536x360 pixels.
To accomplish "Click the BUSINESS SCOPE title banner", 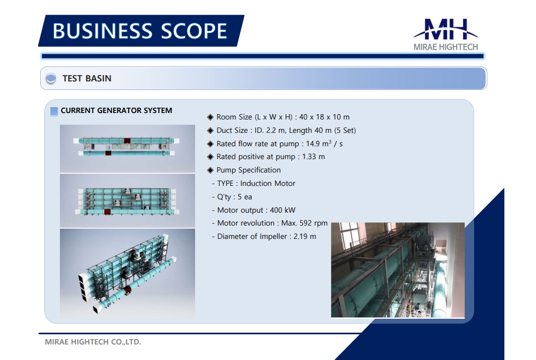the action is pos(141,31).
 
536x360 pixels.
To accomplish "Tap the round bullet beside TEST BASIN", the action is pos(51,78).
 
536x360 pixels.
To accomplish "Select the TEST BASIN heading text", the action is pos(87,79).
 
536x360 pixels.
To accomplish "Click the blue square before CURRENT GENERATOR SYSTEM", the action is pos(54,111).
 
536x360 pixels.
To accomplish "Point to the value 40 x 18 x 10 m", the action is pos(324,117).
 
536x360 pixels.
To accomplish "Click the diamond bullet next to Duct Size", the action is pos(210,131).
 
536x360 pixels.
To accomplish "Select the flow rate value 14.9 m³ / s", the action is pos(324,144).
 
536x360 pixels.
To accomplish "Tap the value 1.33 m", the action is pos(314,157).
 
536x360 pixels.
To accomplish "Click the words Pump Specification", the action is pos(249,170).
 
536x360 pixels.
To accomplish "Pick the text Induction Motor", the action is pos(267,183).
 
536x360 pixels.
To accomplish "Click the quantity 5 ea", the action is pos(245,197).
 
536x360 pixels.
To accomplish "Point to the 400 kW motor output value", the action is pos(282,210).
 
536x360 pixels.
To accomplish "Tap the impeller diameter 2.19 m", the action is pos(305,236).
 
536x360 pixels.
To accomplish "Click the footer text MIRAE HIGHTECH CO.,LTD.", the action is pos(93,342).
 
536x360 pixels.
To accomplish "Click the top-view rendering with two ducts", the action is pos(128,148).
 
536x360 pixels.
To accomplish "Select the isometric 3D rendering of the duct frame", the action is pos(128,274).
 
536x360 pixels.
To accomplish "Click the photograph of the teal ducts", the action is pos(398,270).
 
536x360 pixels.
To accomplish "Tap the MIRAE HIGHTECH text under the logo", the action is pos(446,47).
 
